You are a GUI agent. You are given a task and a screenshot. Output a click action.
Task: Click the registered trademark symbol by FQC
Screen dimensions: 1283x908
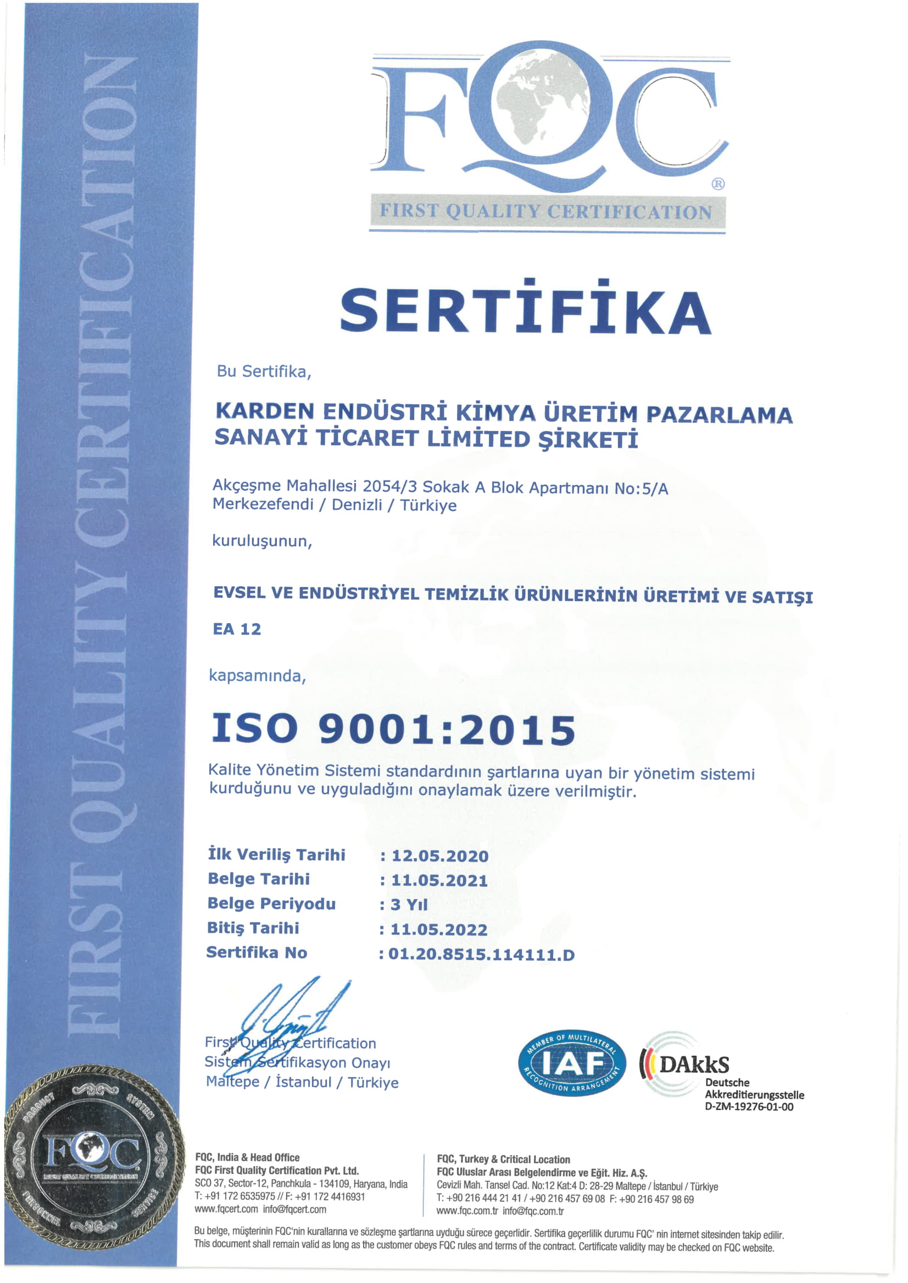point(718,184)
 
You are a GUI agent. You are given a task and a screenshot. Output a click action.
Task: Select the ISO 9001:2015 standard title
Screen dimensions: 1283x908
point(393,730)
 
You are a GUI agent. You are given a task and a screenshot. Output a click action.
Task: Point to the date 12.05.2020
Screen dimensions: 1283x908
point(440,855)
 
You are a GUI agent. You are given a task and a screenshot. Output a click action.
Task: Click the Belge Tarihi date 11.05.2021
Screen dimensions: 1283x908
point(439,880)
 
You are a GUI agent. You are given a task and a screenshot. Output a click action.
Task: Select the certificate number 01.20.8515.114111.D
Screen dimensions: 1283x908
point(481,954)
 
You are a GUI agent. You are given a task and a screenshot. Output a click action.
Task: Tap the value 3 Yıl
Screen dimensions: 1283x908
point(409,905)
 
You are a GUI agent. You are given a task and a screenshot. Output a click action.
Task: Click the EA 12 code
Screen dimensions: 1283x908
point(237,629)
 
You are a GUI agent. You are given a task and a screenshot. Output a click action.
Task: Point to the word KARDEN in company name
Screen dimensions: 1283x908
point(264,411)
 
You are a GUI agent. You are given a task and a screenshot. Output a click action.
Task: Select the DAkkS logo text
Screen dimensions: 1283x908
point(694,1064)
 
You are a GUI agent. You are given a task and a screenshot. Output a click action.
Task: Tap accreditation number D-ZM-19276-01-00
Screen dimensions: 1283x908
point(749,1107)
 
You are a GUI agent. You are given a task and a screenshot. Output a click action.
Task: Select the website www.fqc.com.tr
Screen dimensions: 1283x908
point(467,1211)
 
